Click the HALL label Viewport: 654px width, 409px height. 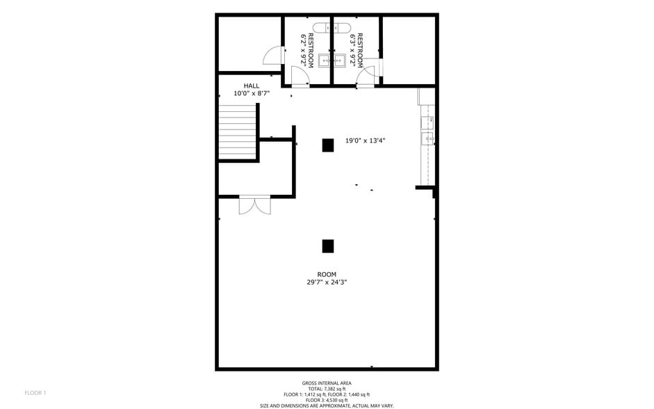[x=251, y=86]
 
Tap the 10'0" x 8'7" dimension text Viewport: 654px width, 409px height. [x=251, y=93]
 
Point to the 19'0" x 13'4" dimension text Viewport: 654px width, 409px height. [x=366, y=141]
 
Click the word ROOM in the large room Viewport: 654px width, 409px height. [x=327, y=275]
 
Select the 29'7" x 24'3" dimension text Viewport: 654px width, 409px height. [x=327, y=282]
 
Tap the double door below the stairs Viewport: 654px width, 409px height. [x=254, y=206]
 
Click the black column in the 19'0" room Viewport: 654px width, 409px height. [x=327, y=145]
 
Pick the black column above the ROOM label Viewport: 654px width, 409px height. [x=328, y=246]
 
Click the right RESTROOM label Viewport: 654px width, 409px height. [x=357, y=49]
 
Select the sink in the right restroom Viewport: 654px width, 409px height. [x=340, y=61]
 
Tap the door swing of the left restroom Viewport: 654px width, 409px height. [x=300, y=75]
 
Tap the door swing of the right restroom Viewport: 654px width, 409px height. [x=367, y=75]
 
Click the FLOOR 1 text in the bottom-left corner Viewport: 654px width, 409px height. [x=35, y=393]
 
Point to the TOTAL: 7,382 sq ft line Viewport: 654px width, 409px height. [x=327, y=389]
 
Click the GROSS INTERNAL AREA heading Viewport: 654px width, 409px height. [x=327, y=383]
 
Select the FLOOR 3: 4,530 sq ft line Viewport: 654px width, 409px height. [x=327, y=400]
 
